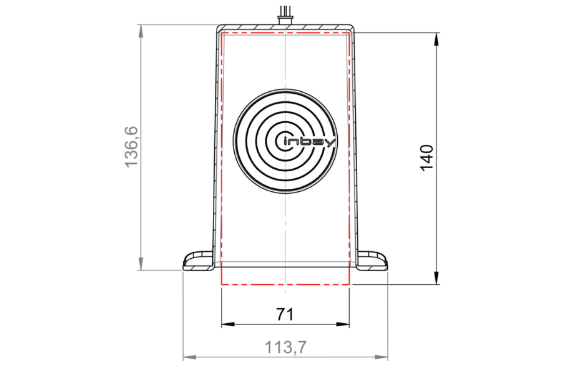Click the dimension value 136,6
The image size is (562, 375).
131,147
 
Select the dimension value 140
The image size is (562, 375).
427,158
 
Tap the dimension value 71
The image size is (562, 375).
285,314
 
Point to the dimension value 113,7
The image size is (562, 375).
285,347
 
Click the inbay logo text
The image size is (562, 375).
309,142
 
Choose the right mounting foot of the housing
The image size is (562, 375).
373,261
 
